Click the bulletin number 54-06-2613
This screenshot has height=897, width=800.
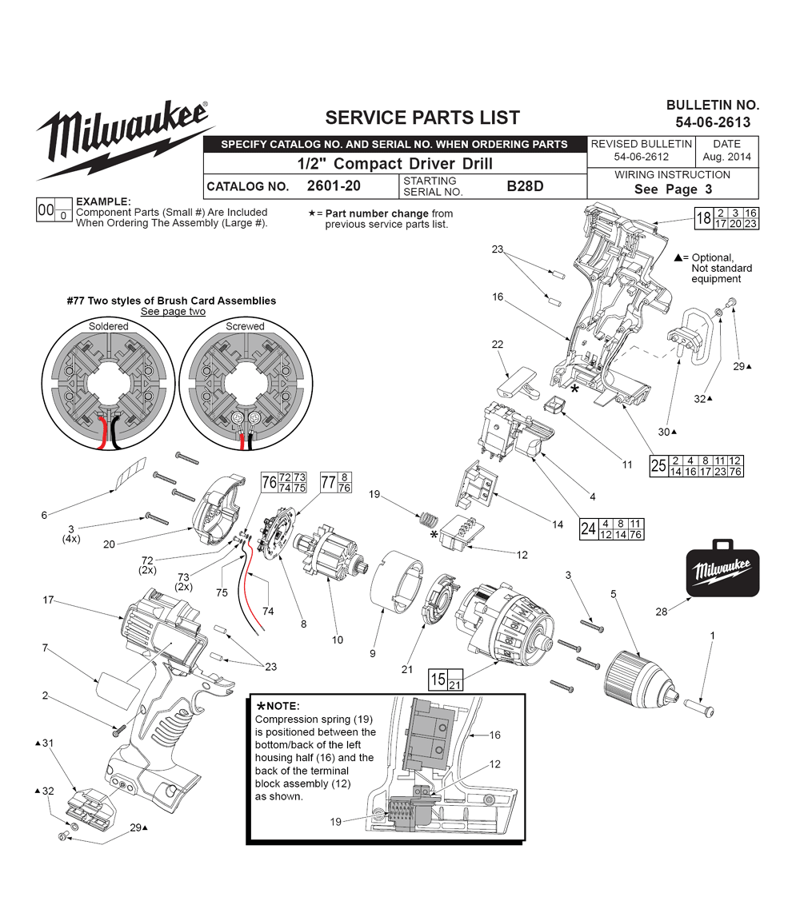712,122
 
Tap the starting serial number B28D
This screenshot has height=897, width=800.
525,186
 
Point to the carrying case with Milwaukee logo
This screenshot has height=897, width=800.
722,569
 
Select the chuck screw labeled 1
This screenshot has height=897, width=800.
708,707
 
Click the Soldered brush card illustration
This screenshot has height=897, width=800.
108,387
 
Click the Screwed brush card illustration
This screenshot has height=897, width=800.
244,387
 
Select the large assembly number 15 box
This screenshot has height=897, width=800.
438,680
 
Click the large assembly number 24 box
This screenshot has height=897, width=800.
589,528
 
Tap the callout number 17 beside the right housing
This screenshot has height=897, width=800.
48,600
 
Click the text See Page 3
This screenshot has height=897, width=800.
672,189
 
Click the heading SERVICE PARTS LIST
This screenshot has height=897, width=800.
422,118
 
